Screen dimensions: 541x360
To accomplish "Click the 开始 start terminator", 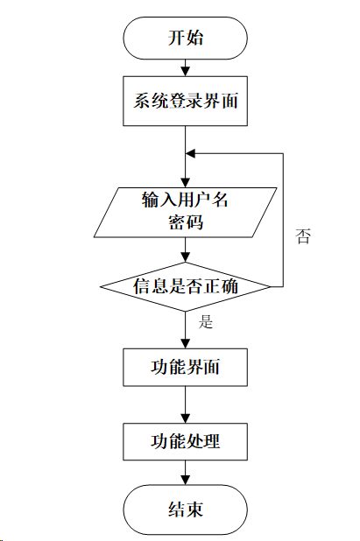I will point(185,39).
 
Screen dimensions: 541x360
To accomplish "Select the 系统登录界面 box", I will point(185,102).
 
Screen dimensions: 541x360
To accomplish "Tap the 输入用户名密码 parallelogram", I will point(185,211).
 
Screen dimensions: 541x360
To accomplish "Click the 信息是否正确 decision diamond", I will point(185,285).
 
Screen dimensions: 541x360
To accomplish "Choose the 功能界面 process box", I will point(185,368).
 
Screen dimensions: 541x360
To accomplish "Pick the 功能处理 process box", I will point(185,441).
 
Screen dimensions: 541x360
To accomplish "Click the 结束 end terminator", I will point(185,509).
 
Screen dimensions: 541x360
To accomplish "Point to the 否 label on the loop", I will point(303,236).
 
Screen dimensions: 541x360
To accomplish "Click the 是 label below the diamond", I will point(206,321).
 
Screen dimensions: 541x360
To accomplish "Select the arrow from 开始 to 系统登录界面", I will point(185,67).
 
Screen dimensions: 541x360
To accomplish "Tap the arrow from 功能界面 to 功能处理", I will point(185,404).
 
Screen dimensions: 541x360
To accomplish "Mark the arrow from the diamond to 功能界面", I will point(185,328).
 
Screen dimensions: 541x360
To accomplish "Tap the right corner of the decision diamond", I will point(269,285).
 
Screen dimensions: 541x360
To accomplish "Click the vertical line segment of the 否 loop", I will point(284,219).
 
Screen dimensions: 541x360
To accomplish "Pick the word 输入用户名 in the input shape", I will point(185,200).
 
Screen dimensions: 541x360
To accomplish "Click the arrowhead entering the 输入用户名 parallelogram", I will point(185,179).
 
